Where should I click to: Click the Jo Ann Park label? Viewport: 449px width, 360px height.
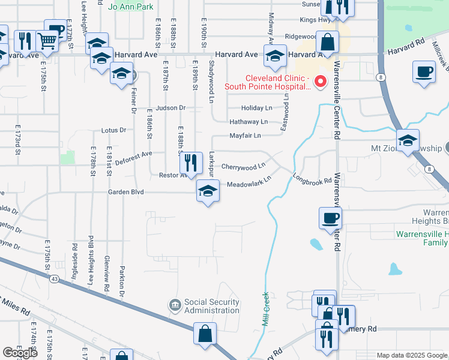pos(131,7)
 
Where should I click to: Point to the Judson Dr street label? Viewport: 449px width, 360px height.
pos(171,108)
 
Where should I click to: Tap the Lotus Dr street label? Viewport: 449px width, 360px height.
pos(114,130)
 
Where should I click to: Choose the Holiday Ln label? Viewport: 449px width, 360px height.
pos(256,108)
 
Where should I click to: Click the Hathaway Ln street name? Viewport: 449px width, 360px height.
pos(248,122)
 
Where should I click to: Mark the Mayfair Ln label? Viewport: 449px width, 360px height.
pos(245,136)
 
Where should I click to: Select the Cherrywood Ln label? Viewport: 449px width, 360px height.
pos(243,166)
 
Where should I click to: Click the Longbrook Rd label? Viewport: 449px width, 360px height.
pos(312,179)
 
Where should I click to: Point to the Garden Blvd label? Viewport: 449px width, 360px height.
pos(126,193)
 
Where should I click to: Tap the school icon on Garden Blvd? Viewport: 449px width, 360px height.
pos(208,191)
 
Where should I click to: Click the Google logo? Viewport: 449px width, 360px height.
pos(20,353)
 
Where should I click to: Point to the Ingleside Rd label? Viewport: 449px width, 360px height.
pos(75,256)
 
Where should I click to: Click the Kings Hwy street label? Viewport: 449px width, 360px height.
pos(315,20)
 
